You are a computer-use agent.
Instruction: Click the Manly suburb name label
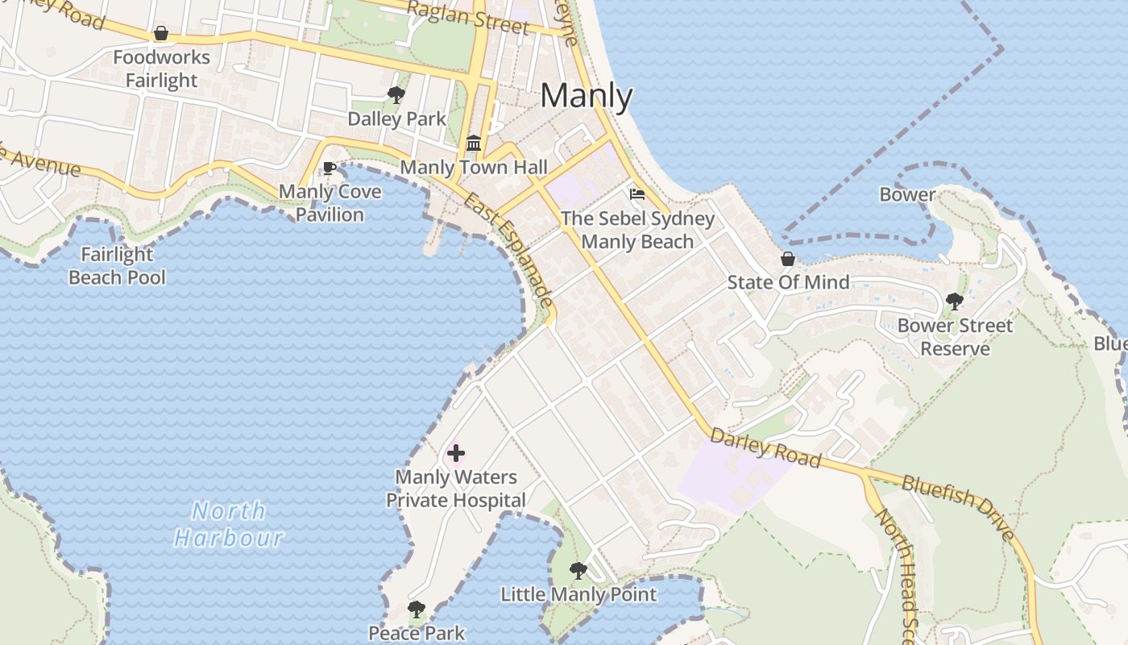(x=587, y=97)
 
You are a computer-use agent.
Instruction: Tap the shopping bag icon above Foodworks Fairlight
(x=161, y=34)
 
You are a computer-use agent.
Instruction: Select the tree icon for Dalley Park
(x=396, y=95)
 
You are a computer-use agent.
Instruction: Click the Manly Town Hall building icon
(x=474, y=144)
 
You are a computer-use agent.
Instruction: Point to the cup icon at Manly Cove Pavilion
(x=329, y=169)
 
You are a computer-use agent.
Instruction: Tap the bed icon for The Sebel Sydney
(x=637, y=194)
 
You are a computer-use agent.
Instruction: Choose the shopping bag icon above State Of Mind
(x=788, y=260)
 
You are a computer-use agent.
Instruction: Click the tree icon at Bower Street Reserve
(x=955, y=302)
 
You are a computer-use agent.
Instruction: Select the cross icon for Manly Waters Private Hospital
(x=455, y=454)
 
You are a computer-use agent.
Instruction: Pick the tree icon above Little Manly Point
(x=578, y=571)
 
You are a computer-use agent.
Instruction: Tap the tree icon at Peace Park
(x=416, y=610)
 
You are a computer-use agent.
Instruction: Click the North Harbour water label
(x=229, y=524)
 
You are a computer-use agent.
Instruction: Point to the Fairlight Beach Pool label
(x=118, y=266)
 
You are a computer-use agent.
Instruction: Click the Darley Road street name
(x=765, y=448)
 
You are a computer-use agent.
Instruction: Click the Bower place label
(x=907, y=194)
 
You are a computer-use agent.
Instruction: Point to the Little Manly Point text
(x=579, y=595)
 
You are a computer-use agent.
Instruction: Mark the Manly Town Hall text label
(x=474, y=168)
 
